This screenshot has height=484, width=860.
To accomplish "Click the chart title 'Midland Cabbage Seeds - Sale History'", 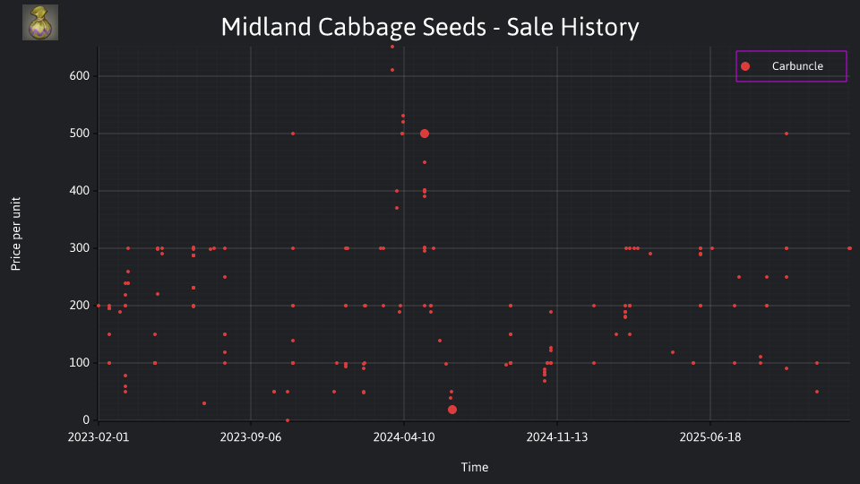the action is (430, 27).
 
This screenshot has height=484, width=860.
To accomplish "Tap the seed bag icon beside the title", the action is (40, 22).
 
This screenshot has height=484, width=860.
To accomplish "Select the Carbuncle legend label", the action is (797, 65).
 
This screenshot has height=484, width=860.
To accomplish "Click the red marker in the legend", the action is (744, 66).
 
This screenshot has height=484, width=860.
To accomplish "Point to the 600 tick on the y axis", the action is (79, 75).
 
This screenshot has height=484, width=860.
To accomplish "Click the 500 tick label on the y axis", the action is (79, 134).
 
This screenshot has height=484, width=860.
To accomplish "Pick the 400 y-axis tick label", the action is (79, 190).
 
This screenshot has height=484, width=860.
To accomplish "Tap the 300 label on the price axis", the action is (79, 248).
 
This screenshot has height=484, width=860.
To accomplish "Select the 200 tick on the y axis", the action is (79, 305).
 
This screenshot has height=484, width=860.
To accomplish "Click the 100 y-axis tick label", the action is (79, 363).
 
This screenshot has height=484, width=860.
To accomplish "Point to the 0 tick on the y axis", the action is (86, 419).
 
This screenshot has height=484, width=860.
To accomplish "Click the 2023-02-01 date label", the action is (99, 437).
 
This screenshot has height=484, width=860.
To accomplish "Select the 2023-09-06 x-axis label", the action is (251, 437).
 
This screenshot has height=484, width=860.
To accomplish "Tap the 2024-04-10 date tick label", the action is (404, 437).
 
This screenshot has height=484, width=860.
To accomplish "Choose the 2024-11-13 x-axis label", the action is (557, 437).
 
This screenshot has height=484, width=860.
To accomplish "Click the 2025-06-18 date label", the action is (710, 437).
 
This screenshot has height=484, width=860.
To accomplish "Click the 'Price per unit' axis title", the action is (16, 234).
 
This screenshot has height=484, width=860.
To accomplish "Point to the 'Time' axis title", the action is (475, 467).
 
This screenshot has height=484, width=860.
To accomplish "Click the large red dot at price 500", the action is (425, 134).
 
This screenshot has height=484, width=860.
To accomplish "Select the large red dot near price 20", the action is (451, 410).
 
